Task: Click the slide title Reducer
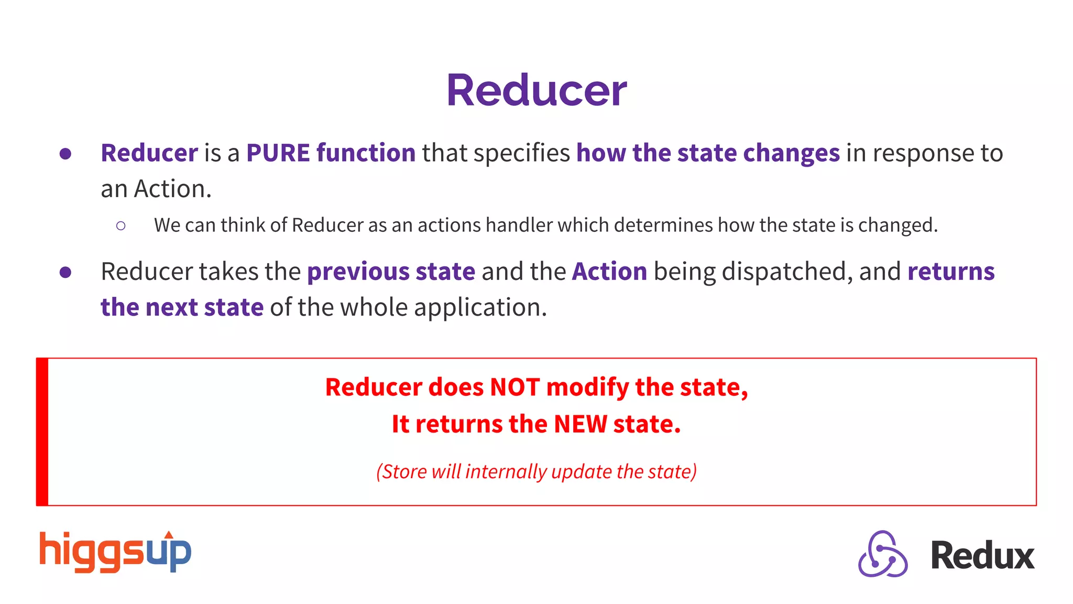[x=536, y=90]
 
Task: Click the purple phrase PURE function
[x=331, y=153]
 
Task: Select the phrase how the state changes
[x=708, y=153]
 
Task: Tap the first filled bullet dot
[x=65, y=154]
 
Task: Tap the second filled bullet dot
[x=65, y=272]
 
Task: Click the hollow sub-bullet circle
[x=121, y=226]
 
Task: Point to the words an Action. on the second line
[x=156, y=189]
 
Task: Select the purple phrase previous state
[x=391, y=272]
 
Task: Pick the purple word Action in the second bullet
[x=609, y=272]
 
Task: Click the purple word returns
[x=950, y=272]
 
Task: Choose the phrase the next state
[x=182, y=307]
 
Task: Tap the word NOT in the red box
[x=514, y=387]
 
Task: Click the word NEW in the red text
[x=581, y=424]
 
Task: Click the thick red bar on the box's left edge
[x=42, y=432]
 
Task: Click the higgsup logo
[x=115, y=552]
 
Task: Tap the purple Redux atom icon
[x=883, y=554]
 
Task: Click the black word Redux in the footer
[x=982, y=556]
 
